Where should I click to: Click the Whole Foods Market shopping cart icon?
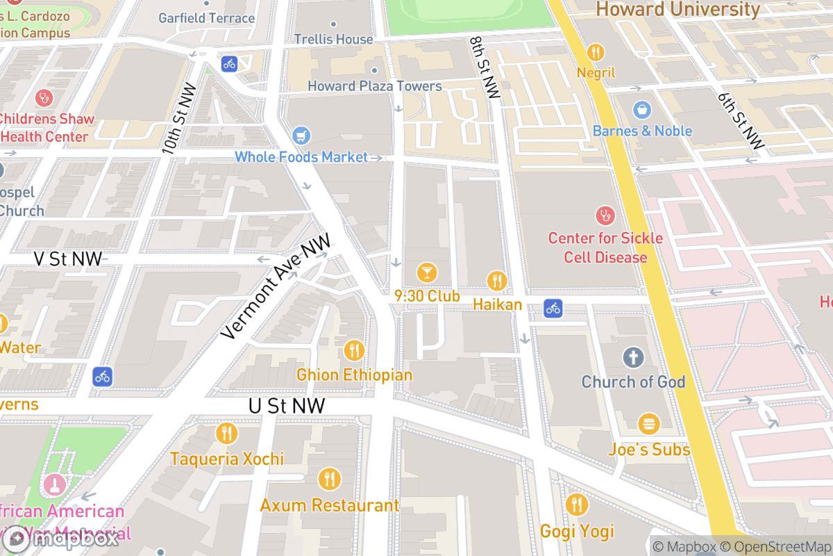point(301,135)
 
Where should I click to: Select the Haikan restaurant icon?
point(496,281)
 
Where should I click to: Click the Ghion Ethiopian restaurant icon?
point(354,350)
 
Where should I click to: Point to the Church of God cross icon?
point(633,358)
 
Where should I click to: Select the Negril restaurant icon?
point(596,52)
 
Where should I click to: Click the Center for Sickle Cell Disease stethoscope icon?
point(605,215)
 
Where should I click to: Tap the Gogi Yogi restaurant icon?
point(577,505)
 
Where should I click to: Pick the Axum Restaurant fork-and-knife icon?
point(329,480)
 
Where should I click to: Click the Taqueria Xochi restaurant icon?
point(226,434)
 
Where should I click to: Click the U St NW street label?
point(287,406)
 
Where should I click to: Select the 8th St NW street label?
point(484,68)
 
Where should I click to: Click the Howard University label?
point(678,9)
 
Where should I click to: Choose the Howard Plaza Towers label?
point(375,86)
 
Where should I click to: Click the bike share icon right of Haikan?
point(553,307)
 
